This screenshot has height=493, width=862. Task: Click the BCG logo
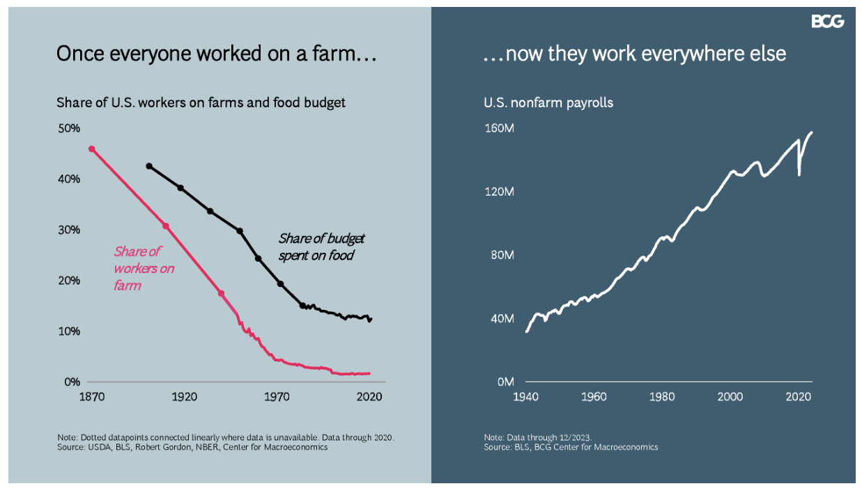pyautogui.click(x=827, y=22)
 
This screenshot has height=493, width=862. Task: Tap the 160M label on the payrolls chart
pyautogui.click(x=499, y=127)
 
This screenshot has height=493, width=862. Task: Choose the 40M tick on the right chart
pyautogui.click(x=502, y=318)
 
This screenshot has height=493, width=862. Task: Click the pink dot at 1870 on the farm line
pyautogui.click(x=92, y=148)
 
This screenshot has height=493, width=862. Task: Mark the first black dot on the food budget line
pyautogui.click(x=149, y=166)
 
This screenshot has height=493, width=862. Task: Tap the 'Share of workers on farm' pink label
pyautogui.click(x=144, y=268)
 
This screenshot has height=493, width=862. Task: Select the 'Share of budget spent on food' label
pyautogui.click(x=321, y=247)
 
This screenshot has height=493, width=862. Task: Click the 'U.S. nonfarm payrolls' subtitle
pyautogui.click(x=548, y=103)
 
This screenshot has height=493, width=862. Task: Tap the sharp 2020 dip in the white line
pyautogui.click(x=799, y=175)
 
